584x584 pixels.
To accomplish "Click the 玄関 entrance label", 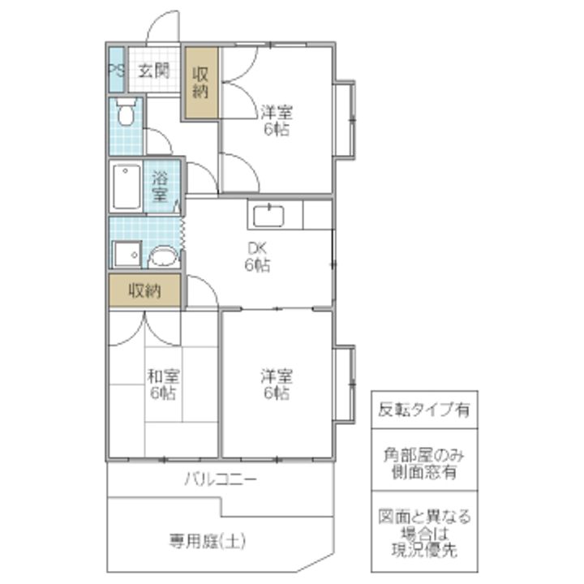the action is (x=154, y=71).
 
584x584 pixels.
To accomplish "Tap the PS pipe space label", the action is (x=116, y=70).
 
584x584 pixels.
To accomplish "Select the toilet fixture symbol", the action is (x=126, y=112).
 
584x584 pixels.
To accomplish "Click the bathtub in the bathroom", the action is (x=127, y=187).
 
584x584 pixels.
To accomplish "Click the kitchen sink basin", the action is (x=268, y=216).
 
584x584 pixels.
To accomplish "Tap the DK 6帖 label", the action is (x=257, y=256).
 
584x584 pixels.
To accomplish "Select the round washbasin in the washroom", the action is (x=163, y=256).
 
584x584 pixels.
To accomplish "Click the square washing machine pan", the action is (x=127, y=255).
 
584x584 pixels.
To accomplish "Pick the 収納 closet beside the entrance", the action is (x=201, y=83).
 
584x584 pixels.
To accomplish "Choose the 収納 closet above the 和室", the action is (x=145, y=291).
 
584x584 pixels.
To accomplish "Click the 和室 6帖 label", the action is (x=163, y=384).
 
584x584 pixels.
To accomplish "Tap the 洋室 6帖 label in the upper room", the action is (x=277, y=121).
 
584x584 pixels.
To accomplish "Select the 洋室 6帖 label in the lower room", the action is (x=277, y=384).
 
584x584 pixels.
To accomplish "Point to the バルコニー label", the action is (x=221, y=479).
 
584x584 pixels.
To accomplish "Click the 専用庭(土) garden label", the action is (x=208, y=541).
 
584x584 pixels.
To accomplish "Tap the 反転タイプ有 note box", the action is (x=424, y=410).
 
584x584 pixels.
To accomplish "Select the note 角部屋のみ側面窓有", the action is (x=424, y=463).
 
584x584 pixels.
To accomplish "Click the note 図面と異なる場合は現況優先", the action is (x=424, y=533).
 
